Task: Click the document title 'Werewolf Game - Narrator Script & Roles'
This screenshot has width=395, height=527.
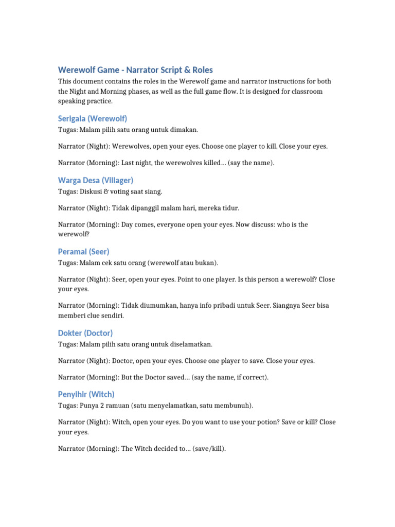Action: coord(135,70)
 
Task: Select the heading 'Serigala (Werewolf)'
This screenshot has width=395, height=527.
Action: coord(92,118)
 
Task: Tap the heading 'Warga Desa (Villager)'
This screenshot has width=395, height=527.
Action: coord(96,180)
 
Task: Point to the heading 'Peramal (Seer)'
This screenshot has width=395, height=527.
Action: coord(83,252)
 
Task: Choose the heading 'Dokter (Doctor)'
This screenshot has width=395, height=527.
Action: coord(85,333)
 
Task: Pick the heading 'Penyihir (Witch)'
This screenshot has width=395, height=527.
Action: coord(86,394)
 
